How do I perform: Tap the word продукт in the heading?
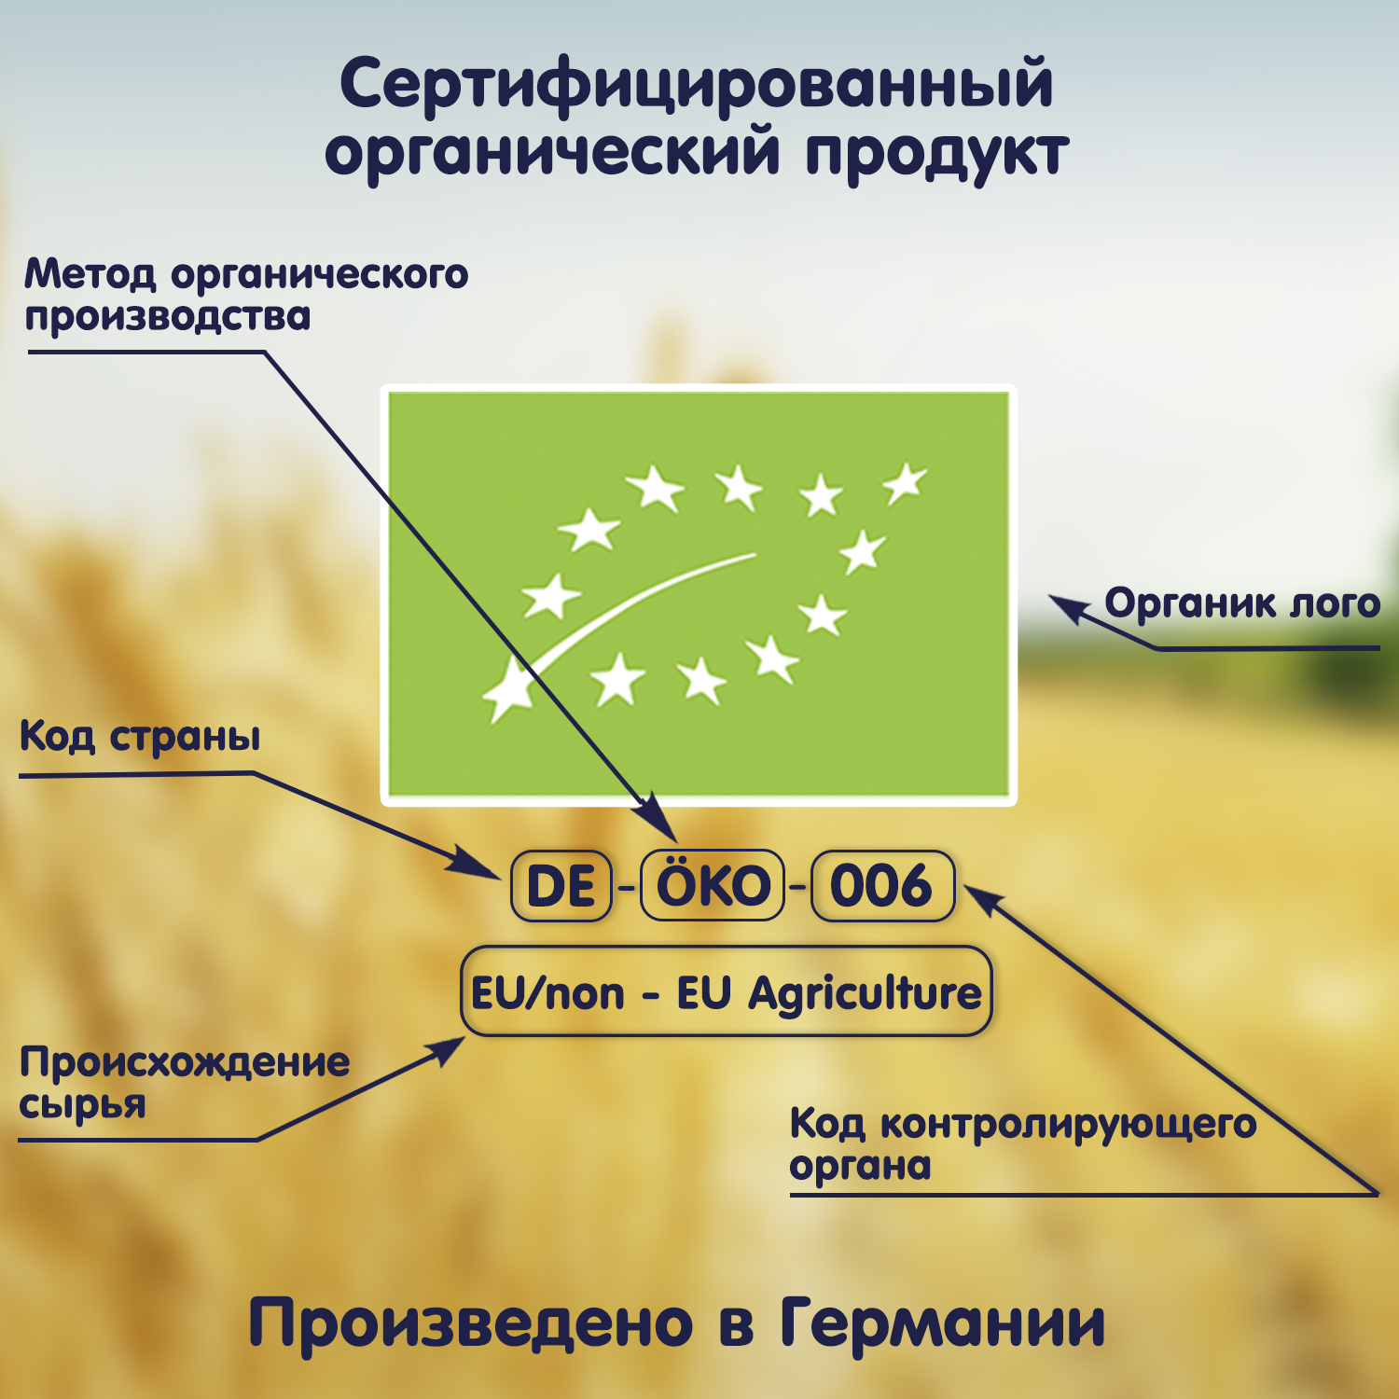pyautogui.click(x=936, y=155)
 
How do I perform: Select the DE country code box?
pyautogui.click(x=561, y=886)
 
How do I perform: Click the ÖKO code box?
pyautogui.click(x=713, y=885)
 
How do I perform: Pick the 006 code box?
pyautogui.click(x=882, y=885)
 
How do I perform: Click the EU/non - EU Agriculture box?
pyautogui.click(x=726, y=992)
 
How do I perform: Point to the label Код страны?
pyautogui.click(x=140, y=738)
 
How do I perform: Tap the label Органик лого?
pyautogui.click(x=1241, y=603)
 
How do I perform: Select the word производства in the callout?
pyautogui.click(x=168, y=317)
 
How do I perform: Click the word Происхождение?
pyautogui.click(x=185, y=1062)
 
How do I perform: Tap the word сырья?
pyautogui.click(x=83, y=1106)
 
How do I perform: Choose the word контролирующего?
pyautogui.click(x=1069, y=1125)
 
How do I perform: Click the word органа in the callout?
pyautogui.click(x=860, y=1167)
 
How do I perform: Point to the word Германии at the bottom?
pyautogui.click(x=942, y=1323)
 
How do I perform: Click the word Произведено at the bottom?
pyautogui.click(x=471, y=1323)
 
